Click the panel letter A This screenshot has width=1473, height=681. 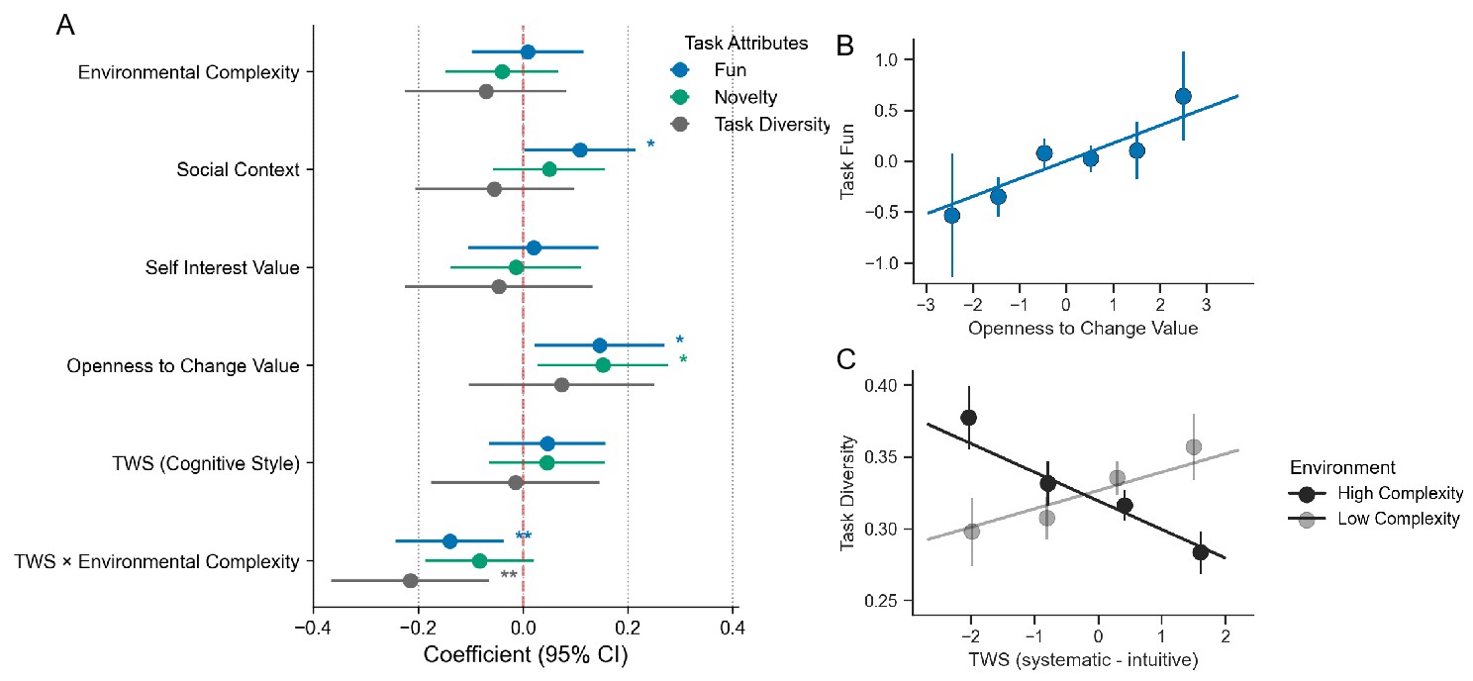(65, 26)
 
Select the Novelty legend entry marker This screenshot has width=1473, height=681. (679, 97)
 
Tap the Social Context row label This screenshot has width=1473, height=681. (238, 170)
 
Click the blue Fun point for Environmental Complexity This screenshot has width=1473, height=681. (528, 51)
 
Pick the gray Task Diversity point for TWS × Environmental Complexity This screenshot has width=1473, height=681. (410, 580)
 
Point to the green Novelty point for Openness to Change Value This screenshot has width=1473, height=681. (603, 365)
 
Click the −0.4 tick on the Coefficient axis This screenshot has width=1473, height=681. (313, 626)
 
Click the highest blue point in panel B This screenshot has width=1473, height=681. (1183, 96)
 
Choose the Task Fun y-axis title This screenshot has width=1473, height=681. (848, 161)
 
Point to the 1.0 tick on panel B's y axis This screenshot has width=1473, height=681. (888, 60)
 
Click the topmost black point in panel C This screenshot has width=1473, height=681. (968, 417)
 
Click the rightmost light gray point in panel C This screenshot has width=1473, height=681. (1193, 447)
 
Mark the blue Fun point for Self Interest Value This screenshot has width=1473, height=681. (534, 247)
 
